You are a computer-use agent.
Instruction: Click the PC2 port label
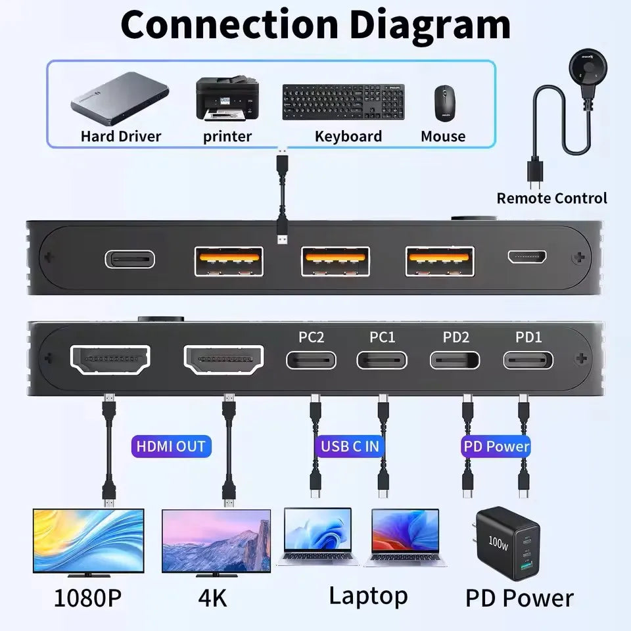tap(311, 337)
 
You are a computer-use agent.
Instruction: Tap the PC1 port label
tap(382, 337)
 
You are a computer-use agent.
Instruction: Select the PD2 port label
tap(456, 337)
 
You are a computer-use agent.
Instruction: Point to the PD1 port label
tap(528, 337)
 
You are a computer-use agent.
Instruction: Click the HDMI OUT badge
tap(170, 446)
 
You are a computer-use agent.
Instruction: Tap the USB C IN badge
tap(350, 446)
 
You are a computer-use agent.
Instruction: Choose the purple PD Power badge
tap(496, 446)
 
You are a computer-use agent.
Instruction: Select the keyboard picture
tap(344, 102)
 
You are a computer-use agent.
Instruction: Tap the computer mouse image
tap(444, 103)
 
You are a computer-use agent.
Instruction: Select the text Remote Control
tap(551, 198)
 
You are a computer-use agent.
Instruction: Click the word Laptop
tap(368, 596)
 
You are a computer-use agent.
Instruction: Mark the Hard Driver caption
tap(120, 137)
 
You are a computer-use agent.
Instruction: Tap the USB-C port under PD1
tap(528, 360)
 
